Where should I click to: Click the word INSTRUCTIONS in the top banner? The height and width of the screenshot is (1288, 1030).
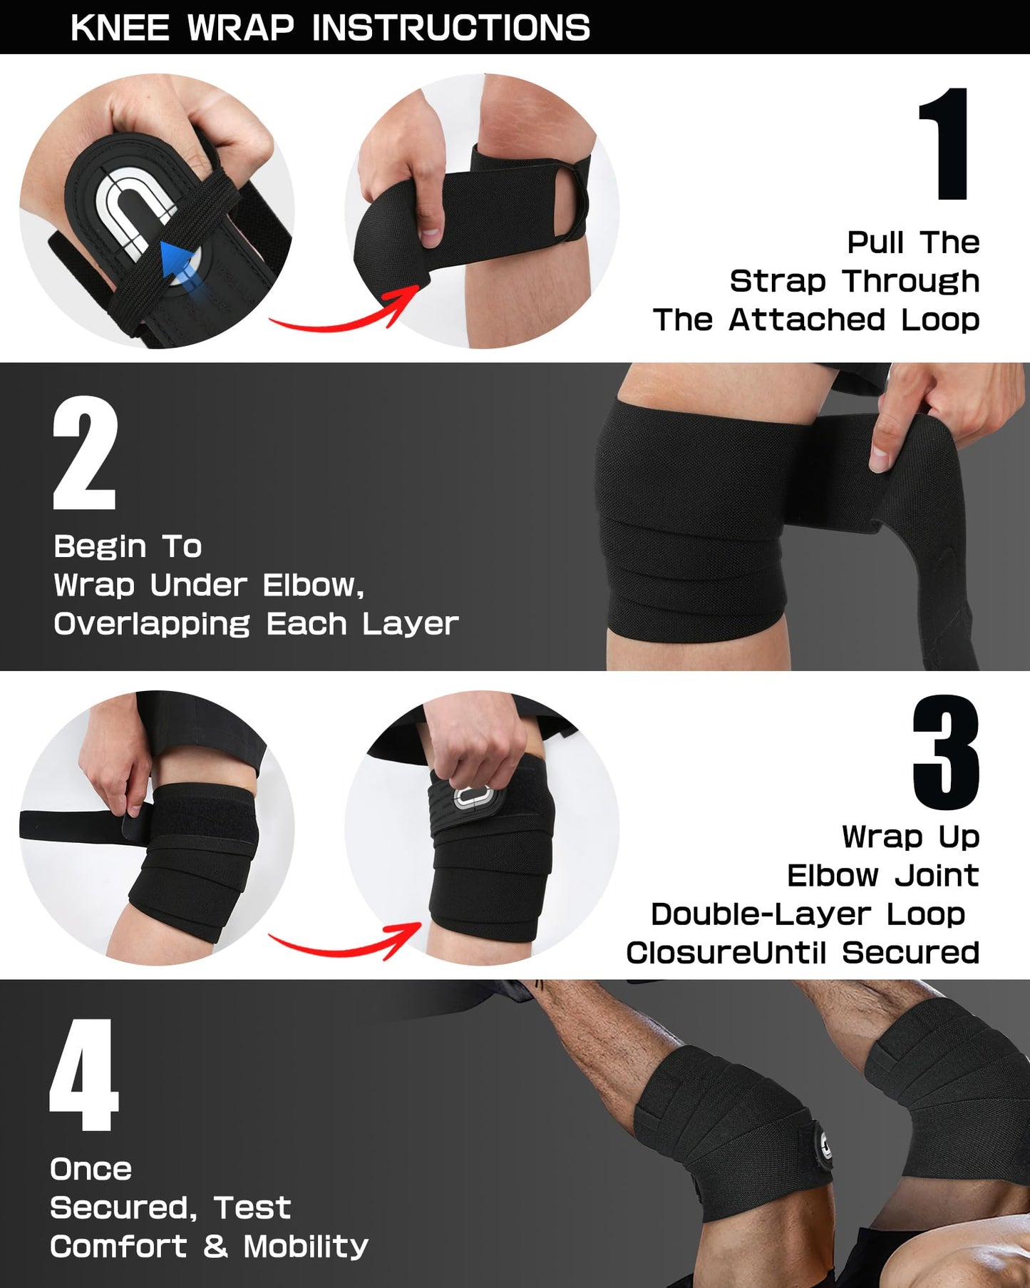click(450, 29)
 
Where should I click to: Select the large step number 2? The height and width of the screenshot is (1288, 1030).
click(85, 453)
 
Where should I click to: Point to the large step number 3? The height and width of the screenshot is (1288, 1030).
click(946, 752)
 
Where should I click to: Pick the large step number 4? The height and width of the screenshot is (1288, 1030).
click(83, 1075)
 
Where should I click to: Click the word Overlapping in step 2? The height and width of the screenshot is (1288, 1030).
click(152, 624)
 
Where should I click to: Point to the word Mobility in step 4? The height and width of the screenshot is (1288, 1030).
click(306, 1247)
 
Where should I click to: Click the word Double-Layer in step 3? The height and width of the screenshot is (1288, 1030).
click(761, 914)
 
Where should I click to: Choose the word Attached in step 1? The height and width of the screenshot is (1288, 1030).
click(807, 320)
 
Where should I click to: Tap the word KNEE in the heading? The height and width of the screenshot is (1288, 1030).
click(120, 29)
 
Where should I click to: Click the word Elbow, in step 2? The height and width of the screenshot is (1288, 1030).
click(314, 586)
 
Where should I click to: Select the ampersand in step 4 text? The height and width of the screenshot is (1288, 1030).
click(215, 1247)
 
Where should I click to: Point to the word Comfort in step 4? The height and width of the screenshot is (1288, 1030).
click(118, 1247)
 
